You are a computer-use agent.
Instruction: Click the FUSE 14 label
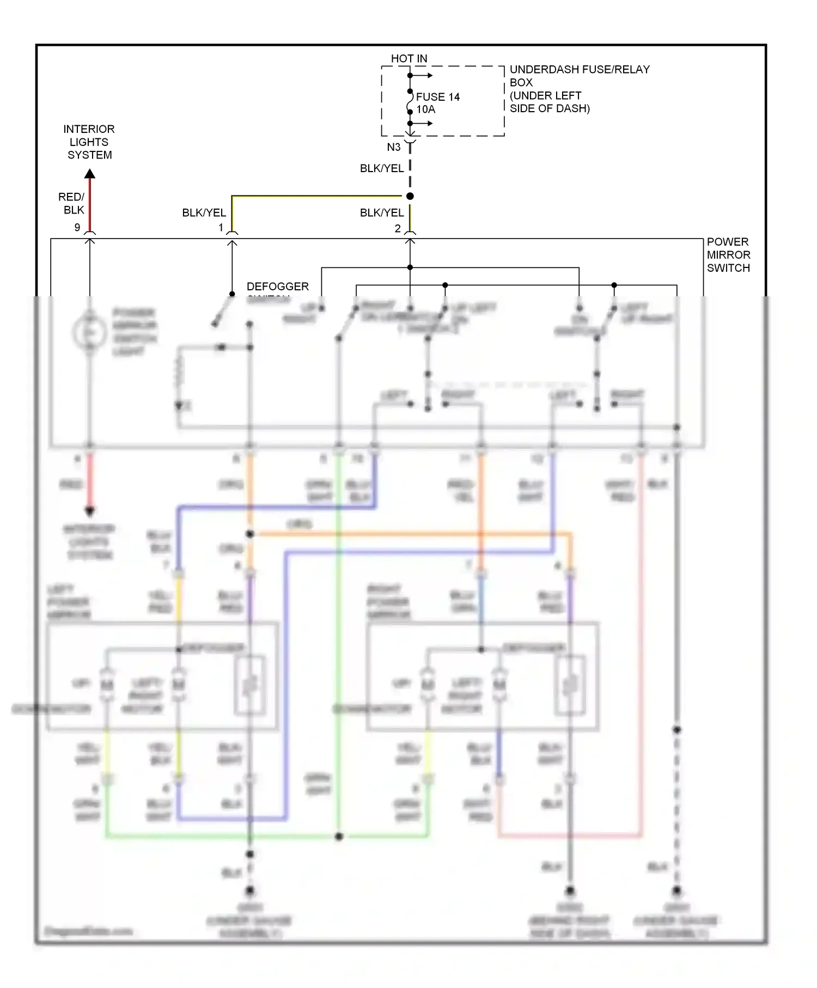click(437, 97)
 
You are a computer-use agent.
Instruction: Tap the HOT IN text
click(409, 58)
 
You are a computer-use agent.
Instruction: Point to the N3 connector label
click(394, 147)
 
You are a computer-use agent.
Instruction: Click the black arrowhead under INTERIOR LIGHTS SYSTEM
click(90, 174)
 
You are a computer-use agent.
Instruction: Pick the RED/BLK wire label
click(72, 203)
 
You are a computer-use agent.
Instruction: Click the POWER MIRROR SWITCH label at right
click(728, 255)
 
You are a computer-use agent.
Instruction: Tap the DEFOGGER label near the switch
click(277, 286)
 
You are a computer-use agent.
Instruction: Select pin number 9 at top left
click(77, 227)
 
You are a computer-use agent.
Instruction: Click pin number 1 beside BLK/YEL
click(221, 228)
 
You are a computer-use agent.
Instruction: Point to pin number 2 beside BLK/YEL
click(398, 228)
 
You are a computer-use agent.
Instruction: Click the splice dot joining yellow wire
click(410, 196)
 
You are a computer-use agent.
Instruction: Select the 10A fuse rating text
click(426, 109)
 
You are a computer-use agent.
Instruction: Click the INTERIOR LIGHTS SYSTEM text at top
click(89, 142)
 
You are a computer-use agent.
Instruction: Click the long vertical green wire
click(338, 654)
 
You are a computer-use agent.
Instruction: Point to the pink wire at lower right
click(641, 654)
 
